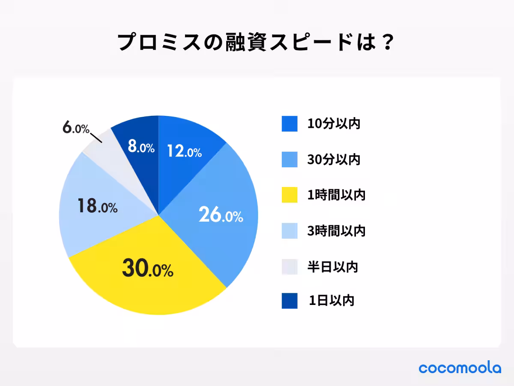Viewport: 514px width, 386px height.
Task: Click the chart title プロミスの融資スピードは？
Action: pyautogui.click(x=256, y=43)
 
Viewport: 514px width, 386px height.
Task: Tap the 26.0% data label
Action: pyautogui.click(x=221, y=215)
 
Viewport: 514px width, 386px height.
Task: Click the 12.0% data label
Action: pyautogui.click(x=184, y=151)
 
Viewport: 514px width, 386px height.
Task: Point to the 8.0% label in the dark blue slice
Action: pyautogui.click(x=141, y=148)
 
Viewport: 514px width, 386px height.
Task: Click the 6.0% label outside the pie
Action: pyautogui.click(x=75, y=128)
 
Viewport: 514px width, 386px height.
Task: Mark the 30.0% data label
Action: pyautogui.click(x=147, y=269)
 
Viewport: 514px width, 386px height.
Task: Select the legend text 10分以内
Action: pyautogui.click(x=334, y=124)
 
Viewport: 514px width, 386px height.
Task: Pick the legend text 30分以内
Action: pyautogui.click(x=334, y=160)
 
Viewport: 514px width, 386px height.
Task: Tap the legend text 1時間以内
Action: pyautogui.click(x=336, y=195)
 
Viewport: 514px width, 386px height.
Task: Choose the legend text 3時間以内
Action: pyautogui.click(x=336, y=231)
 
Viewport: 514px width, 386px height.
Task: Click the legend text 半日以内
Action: pyautogui.click(x=332, y=267)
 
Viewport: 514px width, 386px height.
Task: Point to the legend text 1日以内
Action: pyautogui.click(x=331, y=301)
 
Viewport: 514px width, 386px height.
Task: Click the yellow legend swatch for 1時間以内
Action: pyautogui.click(x=290, y=195)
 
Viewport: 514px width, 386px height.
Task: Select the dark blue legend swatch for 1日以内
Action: pyautogui.click(x=290, y=301)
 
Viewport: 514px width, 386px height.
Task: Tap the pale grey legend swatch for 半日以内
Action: pyautogui.click(x=290, y=267)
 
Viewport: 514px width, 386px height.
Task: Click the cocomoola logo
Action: pyautogui.click(x=460, y=368)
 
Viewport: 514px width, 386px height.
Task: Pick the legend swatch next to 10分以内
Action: pyautogui.click(x=290, y=124)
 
